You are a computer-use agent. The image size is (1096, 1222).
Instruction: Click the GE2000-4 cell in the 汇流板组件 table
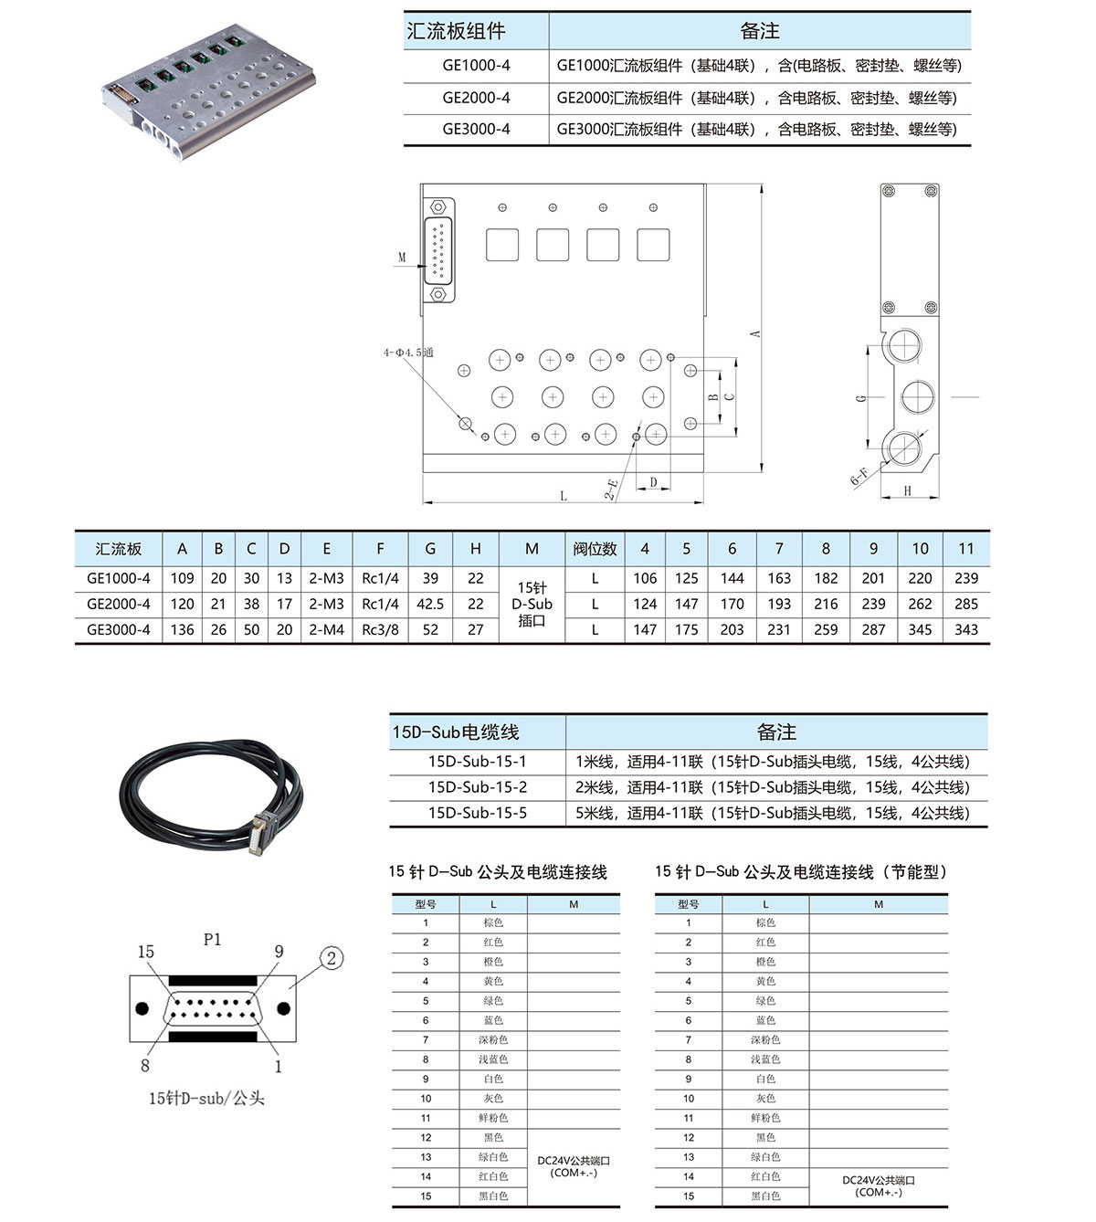click(476, 98)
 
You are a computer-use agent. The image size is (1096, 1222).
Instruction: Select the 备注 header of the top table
click(759, 31)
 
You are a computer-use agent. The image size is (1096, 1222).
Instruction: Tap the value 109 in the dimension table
click(183, 578)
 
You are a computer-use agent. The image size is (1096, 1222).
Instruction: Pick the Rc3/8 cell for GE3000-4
click(380, 629)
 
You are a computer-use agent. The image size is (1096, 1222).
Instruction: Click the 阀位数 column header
click(595, 549)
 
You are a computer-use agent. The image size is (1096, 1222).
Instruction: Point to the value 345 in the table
click(920, 629)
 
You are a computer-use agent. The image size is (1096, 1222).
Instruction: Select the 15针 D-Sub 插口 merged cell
click(532, 604)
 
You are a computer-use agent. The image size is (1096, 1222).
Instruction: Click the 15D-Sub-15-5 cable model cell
click(477, 813)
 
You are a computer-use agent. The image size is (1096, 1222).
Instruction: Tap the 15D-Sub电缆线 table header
click(456, 732)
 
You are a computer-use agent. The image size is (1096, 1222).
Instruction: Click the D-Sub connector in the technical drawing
click(439, 251)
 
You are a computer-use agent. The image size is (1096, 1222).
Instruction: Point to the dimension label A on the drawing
click(755, 333)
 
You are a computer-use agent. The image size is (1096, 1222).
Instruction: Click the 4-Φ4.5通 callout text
click(408, 353)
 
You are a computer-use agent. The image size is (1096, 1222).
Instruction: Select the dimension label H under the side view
click(908, 490)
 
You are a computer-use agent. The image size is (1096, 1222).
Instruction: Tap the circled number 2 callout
click(332, 958)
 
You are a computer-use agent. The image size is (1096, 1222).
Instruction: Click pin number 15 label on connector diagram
click(146, 952)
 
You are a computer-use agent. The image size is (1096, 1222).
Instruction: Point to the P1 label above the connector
click(212, 939)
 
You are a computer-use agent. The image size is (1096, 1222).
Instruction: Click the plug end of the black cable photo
click(260, 832)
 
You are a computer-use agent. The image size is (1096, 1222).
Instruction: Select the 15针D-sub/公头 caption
click(206, 1098)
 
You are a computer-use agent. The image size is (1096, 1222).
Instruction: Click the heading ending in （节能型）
click(800, 872)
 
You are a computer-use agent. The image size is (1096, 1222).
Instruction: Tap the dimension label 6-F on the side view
click(859, 475)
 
